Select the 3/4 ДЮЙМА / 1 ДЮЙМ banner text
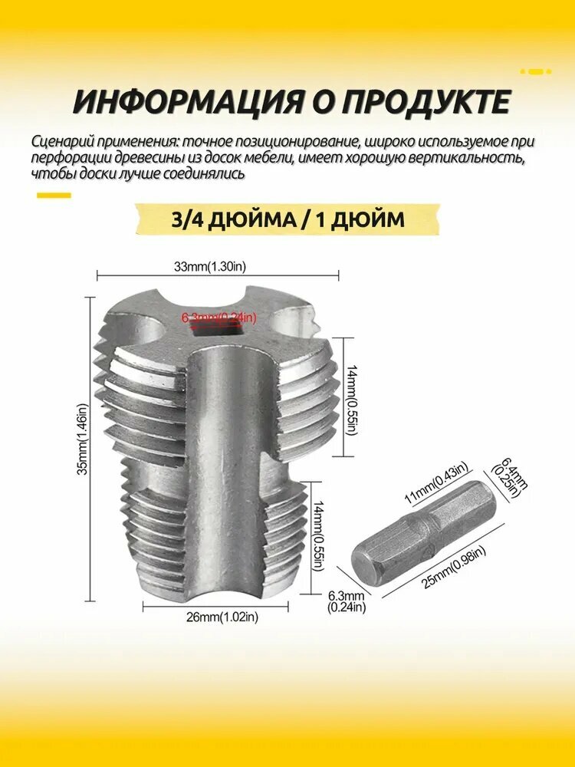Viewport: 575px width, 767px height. [x=288, y=219]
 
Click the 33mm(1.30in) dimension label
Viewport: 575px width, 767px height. [x=210, y=267]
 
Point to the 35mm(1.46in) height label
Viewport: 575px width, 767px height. [x=84, y=439]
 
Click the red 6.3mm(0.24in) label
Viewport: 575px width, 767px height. [x=219, y=318]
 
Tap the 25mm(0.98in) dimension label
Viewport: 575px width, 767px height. [x=454, y=568]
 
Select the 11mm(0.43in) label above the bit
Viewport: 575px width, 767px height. [x=436, y=483]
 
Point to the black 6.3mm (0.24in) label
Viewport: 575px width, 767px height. [x=347, y=601]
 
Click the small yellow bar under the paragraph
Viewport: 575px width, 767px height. [x=54, y=196]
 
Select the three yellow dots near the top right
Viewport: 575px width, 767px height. [x=536, y=71]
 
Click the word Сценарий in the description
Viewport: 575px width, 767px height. [x=63, y=142]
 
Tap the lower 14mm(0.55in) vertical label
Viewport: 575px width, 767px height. [x=319, y=537]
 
